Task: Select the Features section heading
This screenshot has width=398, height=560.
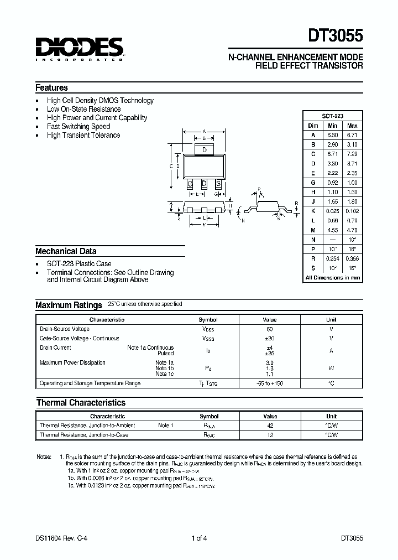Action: click(51, 87)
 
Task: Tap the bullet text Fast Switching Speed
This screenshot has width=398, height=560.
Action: click(78, 126)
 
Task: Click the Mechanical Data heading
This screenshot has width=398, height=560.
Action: click(66, 251)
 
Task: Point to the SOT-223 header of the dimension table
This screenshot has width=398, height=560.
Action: click(332, 116)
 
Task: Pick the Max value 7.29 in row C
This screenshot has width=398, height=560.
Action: click(352, 153)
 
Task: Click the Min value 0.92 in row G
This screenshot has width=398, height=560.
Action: click(332, 182)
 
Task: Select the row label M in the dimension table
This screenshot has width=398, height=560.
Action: click(313, 230)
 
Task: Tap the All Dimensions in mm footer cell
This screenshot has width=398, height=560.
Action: click(332, 277)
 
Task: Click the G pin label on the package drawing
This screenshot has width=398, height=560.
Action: click(190, 183)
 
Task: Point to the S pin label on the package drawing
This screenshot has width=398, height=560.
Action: click(218, 183)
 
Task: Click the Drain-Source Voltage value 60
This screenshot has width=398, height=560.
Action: click(270, 329)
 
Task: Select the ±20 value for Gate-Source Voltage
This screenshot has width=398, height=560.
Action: click(270, 338)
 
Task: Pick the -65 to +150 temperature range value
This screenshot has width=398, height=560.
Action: click(270, 383)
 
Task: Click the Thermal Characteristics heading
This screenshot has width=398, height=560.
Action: click(81, 402)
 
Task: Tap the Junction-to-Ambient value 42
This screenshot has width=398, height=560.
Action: click(270, 426)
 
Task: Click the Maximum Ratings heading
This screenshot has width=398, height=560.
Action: click(69, 305)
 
